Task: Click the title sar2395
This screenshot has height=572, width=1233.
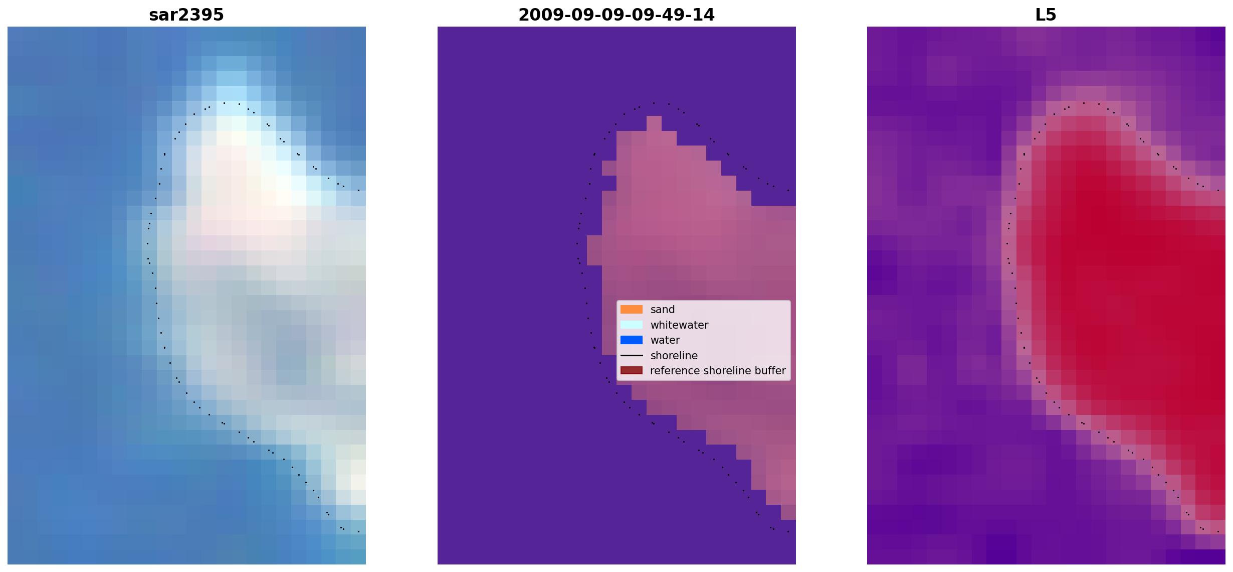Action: [x=186, y=15]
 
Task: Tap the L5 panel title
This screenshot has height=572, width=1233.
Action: [x=1046, y=15]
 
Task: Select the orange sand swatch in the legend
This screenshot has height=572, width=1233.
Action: [x=632, y=310]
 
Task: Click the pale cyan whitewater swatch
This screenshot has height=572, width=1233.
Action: [x=632, y=325]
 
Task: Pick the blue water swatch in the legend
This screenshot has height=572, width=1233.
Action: [x=632, y=340]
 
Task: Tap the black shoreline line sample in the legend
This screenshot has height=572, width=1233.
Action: [x=632, y=355]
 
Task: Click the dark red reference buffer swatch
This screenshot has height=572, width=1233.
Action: [x=632, y=371]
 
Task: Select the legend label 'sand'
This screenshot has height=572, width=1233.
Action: [x=663, y=310]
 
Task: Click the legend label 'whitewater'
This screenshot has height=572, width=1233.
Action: [x=679, y=325]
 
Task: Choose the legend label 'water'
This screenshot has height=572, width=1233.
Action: [x=665, y=340]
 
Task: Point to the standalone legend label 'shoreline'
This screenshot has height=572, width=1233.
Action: [x=674, y=356]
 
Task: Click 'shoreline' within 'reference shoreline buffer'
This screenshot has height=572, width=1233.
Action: [x=727, y=371]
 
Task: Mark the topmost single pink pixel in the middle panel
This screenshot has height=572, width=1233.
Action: [x=654, y=123]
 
